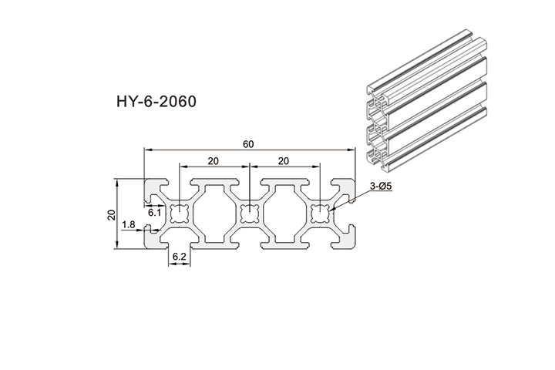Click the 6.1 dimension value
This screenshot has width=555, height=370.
point(154,212)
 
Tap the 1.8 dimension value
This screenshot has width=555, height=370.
point(129,224)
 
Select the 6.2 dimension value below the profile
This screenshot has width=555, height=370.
point(179,256)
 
